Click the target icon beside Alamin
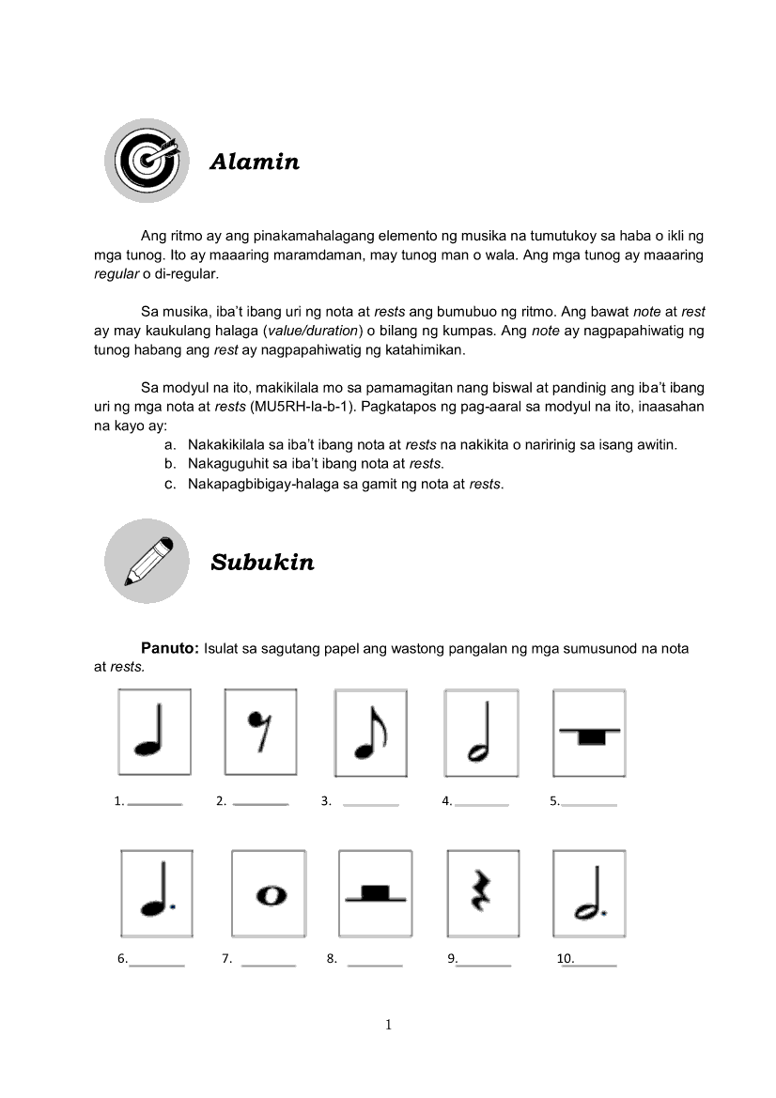[147, 160]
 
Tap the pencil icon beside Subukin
[147, 561]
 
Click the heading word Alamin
[255, 162]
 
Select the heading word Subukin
[262, 563]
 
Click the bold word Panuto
[169, 648]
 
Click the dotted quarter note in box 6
[156, 896]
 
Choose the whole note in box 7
[270, 895]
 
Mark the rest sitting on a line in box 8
[375, 892]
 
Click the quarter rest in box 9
[481, 892]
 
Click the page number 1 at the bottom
[388, 1025]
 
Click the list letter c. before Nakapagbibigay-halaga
[170, 485]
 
